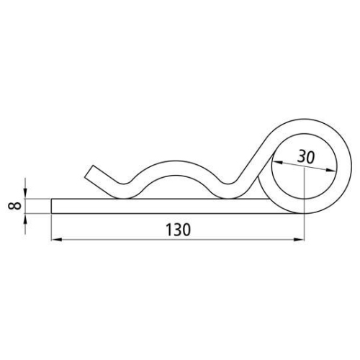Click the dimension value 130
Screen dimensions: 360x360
point(178,230)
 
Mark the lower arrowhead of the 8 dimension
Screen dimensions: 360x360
point(25,217)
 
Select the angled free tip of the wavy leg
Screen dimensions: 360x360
point(89,172)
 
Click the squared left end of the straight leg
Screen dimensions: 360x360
point(53,205)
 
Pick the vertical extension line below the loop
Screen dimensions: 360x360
point(304,227)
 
